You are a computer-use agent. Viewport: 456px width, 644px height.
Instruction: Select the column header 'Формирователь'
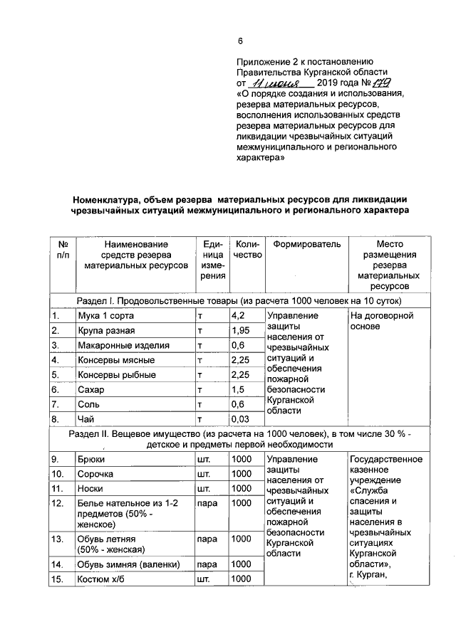(x=307, y=244)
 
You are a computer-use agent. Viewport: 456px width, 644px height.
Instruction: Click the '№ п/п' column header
(x=62, y=250)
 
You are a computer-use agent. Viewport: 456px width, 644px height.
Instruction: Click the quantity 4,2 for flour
(x=238, y=315)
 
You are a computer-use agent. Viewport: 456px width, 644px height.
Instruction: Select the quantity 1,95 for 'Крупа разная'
(x=241, y=330)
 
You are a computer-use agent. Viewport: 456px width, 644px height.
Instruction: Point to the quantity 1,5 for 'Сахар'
(x=238, y=390)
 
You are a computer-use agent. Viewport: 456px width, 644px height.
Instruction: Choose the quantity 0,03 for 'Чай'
(x=241, y=419)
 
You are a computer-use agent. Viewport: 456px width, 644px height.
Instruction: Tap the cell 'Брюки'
(x=91, y=459)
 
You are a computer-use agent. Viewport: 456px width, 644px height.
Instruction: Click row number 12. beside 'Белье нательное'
(x=58, y=503)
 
